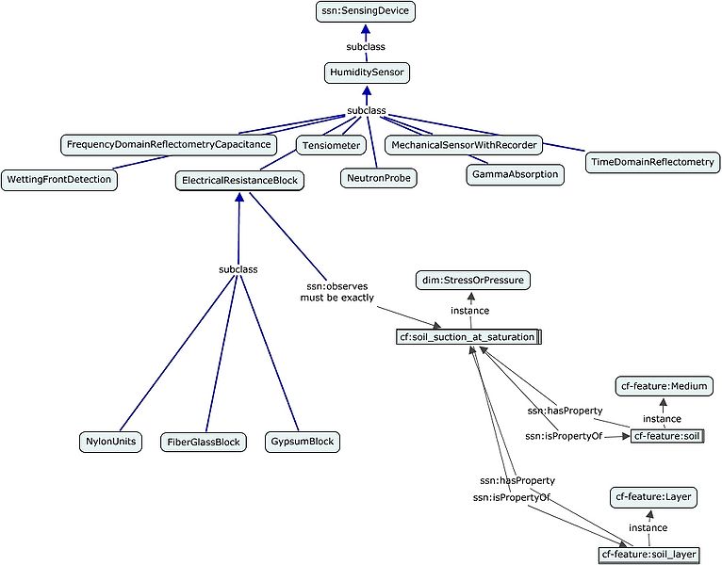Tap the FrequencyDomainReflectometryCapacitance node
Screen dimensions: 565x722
170,145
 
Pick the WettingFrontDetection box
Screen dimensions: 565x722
59,180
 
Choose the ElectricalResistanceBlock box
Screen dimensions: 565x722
238,180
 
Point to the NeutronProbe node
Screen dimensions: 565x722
377,176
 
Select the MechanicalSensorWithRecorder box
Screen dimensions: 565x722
465,145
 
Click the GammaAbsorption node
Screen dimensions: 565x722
515,174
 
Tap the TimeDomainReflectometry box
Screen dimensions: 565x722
650,162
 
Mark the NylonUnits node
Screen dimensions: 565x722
110,441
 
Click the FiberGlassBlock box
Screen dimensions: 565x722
203,441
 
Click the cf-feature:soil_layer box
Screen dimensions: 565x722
650,554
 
